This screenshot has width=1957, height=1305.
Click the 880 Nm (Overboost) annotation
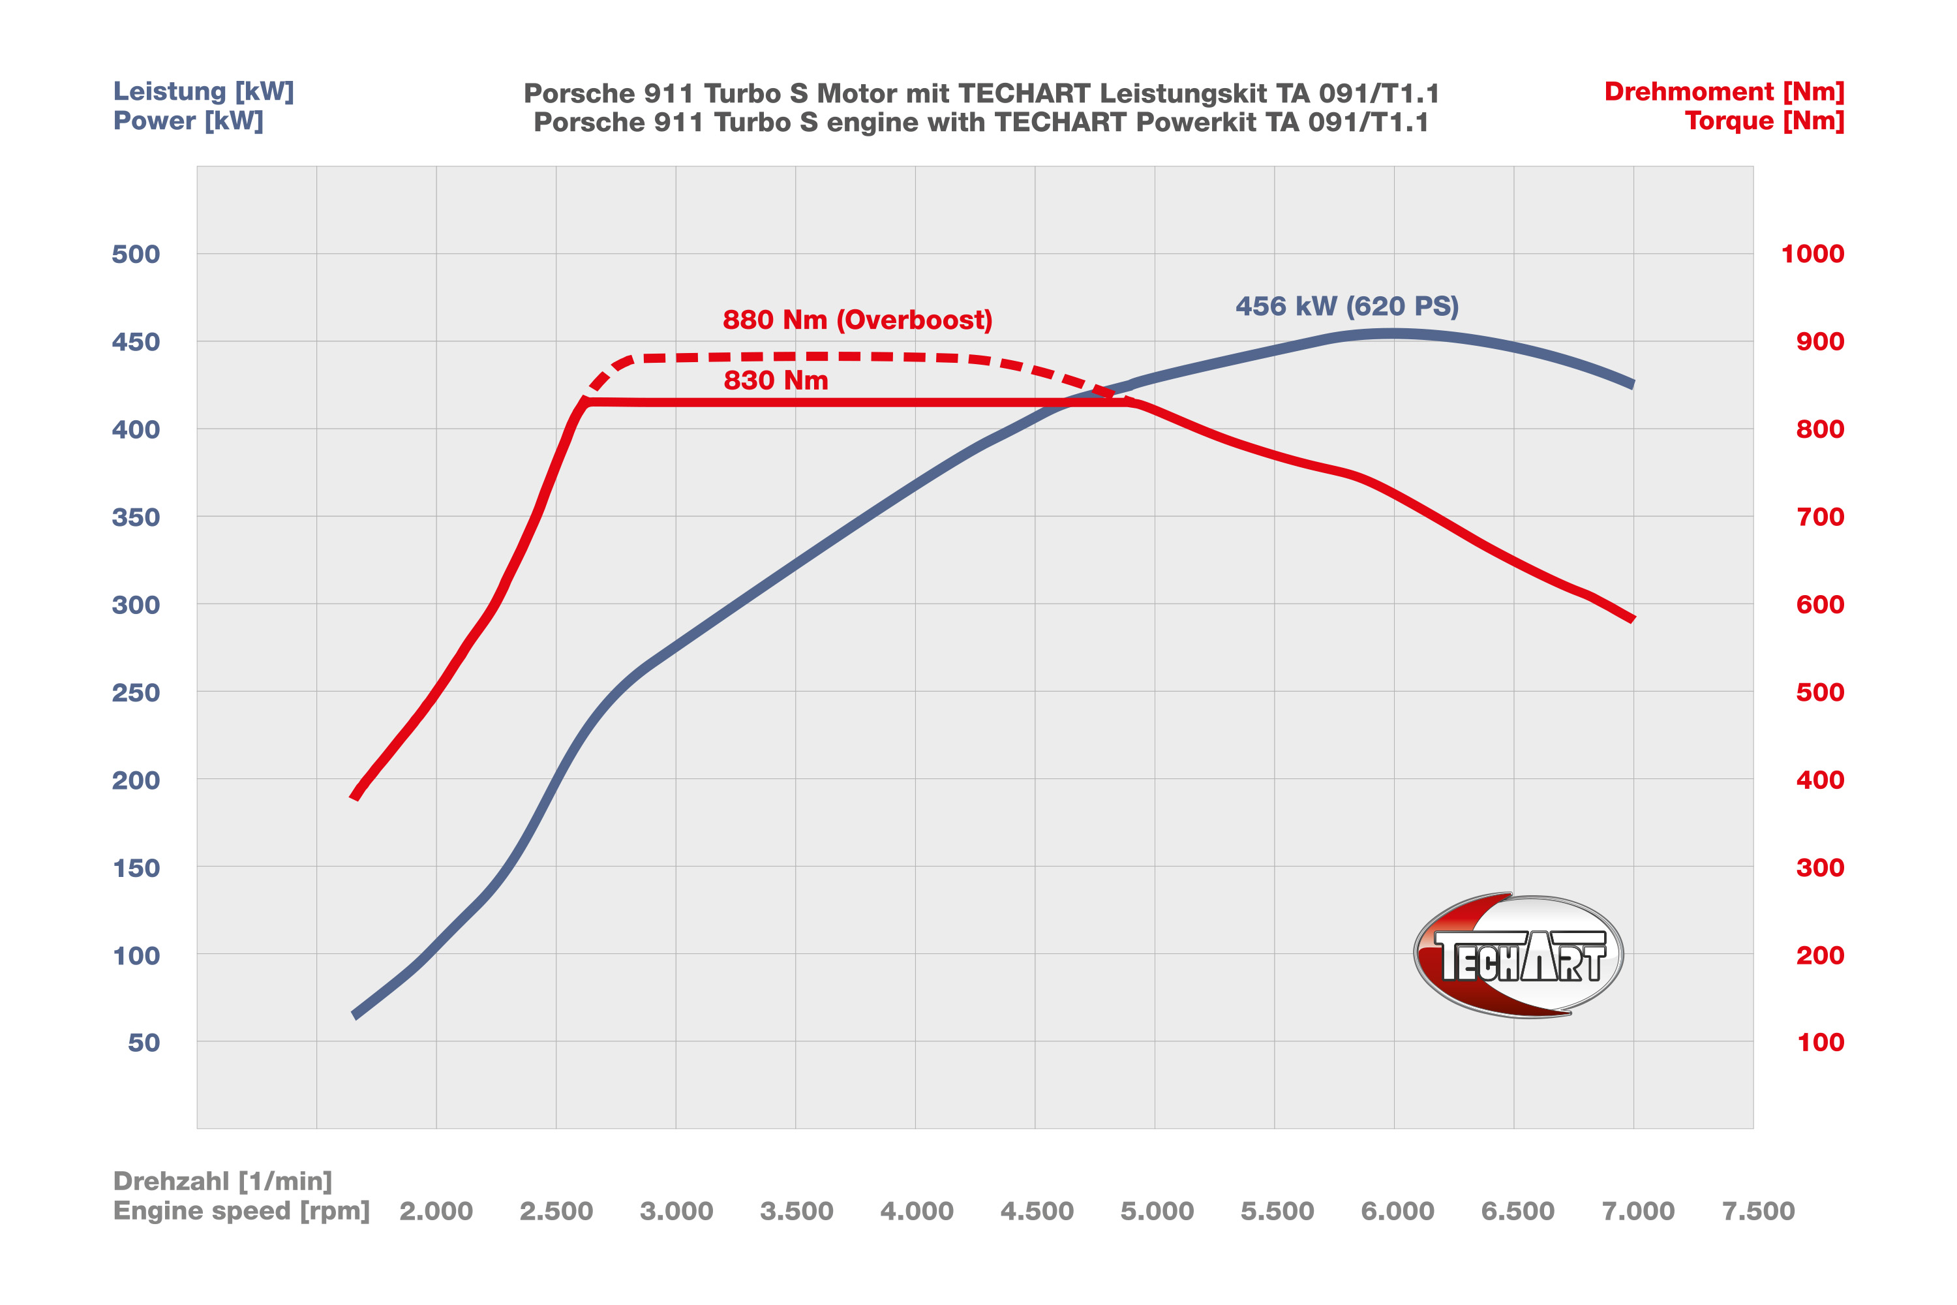tap(857, 320)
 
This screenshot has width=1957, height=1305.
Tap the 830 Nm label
tap(776, 380)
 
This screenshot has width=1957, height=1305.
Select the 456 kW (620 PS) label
tap(1346, 306)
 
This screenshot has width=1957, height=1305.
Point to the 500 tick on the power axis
tap(136, 254)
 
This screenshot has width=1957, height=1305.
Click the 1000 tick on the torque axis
tap(1812, 254)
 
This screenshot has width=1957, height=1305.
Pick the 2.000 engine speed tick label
tap(436, 1211)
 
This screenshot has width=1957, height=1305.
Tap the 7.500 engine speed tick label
tap(1758, 1211)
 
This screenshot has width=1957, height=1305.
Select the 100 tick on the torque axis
tap(1820, 1042)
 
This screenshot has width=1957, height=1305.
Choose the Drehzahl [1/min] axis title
tap(222, 1181)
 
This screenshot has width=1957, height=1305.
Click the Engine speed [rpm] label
tap(241, 1211)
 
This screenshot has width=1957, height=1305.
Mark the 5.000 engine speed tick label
tap(1157, 1211)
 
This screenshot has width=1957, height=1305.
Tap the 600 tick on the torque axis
tap(1820, 604)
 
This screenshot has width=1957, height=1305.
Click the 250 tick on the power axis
tap(136, 692)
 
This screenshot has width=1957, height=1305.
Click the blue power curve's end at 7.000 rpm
tap(1631, 384)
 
